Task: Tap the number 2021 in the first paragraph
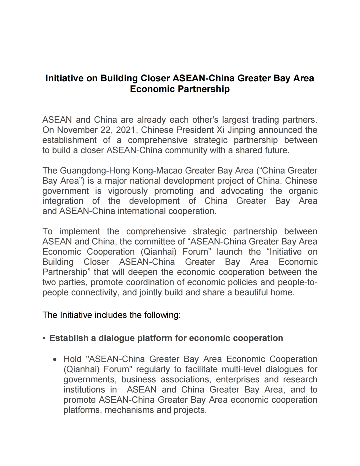tap(125, 130)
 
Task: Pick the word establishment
tap(69, 140)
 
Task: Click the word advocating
tap(242, 191)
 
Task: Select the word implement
tap(79, 232)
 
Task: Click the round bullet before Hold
tap(55, 360)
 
